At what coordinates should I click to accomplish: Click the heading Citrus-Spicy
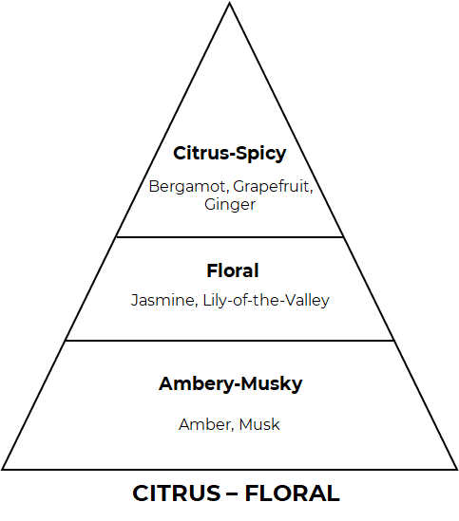tap(230, 154)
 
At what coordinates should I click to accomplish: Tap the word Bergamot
tap(187, 186)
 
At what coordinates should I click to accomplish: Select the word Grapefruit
tap(271, 187)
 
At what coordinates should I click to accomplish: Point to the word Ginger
tap(230, 205)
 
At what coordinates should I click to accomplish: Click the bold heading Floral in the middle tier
tap(233, 270)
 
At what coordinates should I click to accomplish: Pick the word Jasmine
tap(163, 301)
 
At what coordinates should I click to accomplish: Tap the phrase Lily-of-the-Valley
tap(266, 301)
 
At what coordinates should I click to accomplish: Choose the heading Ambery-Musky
tap(230, 384)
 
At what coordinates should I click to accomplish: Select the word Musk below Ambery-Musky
tap(259, 424)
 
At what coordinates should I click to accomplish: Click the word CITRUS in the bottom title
tap(177, 493)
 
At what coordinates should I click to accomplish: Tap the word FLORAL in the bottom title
tap(293, 493)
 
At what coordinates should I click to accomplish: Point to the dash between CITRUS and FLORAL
tap(233, 493)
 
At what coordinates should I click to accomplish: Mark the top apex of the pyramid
tap(229, 3)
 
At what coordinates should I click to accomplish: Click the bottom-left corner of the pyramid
tap(2, 469)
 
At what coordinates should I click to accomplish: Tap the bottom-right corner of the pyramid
tap(457, 469)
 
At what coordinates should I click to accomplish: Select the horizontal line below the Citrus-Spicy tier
tap(230, 237)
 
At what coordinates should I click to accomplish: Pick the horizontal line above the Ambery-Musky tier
tap(230, 341)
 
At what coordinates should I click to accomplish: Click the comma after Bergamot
tap(228, 192)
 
